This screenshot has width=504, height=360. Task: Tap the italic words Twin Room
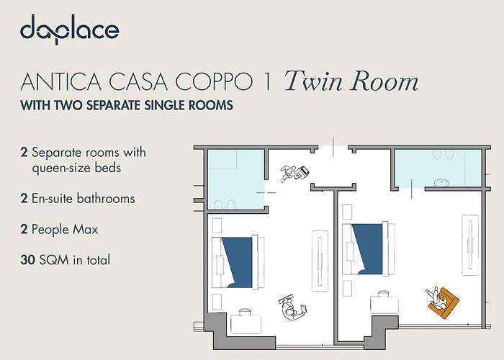[x=351, y=81]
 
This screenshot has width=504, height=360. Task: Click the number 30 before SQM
[x=29, y=260]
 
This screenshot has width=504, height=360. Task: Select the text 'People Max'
[x=65, y=230]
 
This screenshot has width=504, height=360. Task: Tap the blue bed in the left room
[x=238, y=258]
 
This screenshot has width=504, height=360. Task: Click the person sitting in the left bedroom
[x=290, y=306]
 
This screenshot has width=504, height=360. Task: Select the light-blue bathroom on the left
[x=235, y=180]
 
